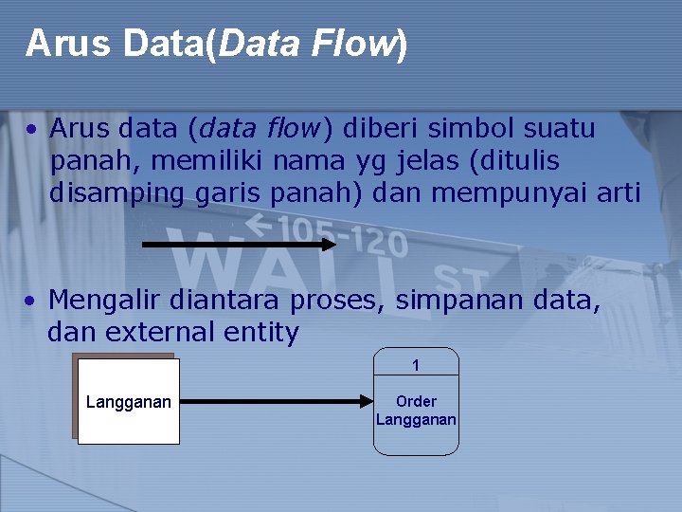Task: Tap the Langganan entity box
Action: [x=129, y=402]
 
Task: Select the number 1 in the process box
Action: [x=415, y=365]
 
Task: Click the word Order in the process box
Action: [x=416, y=401]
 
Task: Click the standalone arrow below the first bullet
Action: [x=239, y=244]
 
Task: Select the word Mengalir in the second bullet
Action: [x=106, y=301]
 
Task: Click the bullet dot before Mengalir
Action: [x=31, y=302]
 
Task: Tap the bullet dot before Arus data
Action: [x=31, y=128]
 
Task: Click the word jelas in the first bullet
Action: [x=419, y=160]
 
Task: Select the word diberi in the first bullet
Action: [x=378, y=127]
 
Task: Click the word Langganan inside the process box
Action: [x=416, y=419]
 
